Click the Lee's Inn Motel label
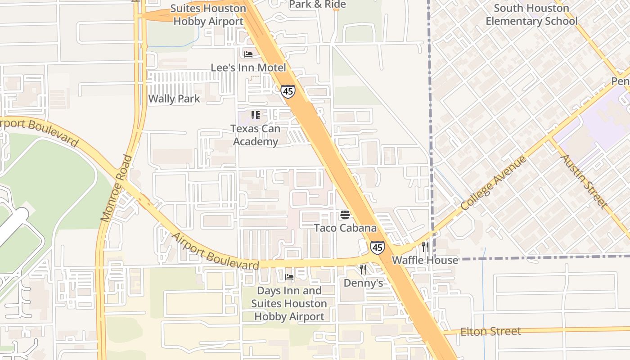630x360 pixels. coord(248,67)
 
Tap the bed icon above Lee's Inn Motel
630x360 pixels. coord(248,54)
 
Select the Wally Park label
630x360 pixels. coord(174,99)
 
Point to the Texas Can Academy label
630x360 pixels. coord(255,135)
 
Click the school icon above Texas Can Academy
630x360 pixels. coord(256,115)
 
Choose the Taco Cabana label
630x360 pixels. coord(345,228)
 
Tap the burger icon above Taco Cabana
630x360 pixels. coord(345,215)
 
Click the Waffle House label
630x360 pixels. coord(425,260)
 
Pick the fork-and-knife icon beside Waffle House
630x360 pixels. coord(425,247)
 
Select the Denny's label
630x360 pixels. coord(363,283)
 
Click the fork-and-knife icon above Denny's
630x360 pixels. coord(363,270)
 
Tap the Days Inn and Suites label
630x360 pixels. coord(289,303)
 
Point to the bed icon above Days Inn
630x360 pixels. coord(289,277)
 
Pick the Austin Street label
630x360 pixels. coord(583,181)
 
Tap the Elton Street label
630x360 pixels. coord(490,332)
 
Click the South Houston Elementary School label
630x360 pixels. coord(531,14)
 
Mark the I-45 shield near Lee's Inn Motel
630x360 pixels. coord(288,91)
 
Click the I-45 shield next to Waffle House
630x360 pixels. coord(378,247)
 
